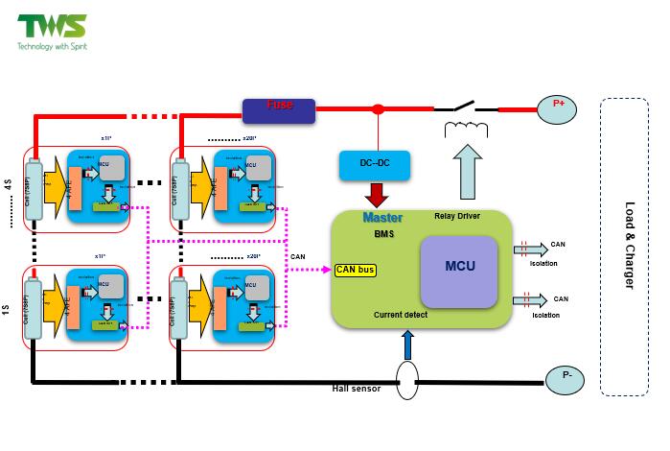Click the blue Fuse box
coord(278,110)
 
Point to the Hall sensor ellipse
coord(408,381)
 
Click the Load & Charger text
coord(630,246)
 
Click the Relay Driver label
coord(458,216)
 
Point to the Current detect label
coord(402,314)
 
